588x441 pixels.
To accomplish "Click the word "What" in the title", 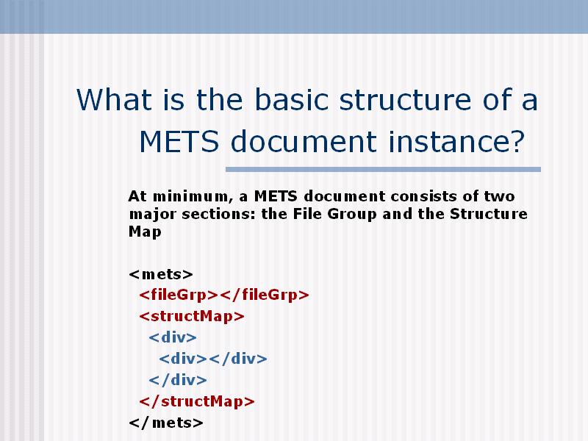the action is tap(114, 99).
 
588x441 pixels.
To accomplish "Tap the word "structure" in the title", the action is tap(405, 99).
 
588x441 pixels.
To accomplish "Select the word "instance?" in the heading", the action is tap(456, 141).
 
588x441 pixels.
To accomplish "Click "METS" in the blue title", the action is tap(179, 141).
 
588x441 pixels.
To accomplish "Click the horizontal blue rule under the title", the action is tap(383, 170).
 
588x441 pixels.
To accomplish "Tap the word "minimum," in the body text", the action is tap(190, 196).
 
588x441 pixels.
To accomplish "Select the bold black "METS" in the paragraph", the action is tap(276, 196).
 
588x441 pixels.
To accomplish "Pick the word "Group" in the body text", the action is tap(352, 214).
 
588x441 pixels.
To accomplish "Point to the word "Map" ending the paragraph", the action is tap(145, 232).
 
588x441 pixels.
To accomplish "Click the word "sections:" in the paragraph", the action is tap(218, 214).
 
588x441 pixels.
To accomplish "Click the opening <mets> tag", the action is tap(161, 274).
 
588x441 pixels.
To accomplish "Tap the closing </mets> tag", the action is tap(166, 423).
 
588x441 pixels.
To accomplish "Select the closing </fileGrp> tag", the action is tap(265, 295).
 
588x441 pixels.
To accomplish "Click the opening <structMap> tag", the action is tap(192, 316).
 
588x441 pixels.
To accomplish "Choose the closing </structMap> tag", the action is tap(197, 401).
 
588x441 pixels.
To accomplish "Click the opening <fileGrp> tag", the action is tap(179, 295).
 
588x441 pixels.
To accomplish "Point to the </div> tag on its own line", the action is tap(178, 380).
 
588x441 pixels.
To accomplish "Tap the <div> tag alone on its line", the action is tap(173, 337).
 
